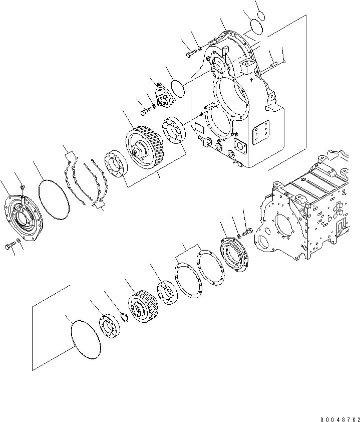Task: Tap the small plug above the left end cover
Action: pyautogui.click(x=23, y=187)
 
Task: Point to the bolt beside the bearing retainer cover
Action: pyautogui.click(x=247, y=232)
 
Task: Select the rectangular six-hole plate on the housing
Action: pyautogui.click(x=261, y=134)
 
